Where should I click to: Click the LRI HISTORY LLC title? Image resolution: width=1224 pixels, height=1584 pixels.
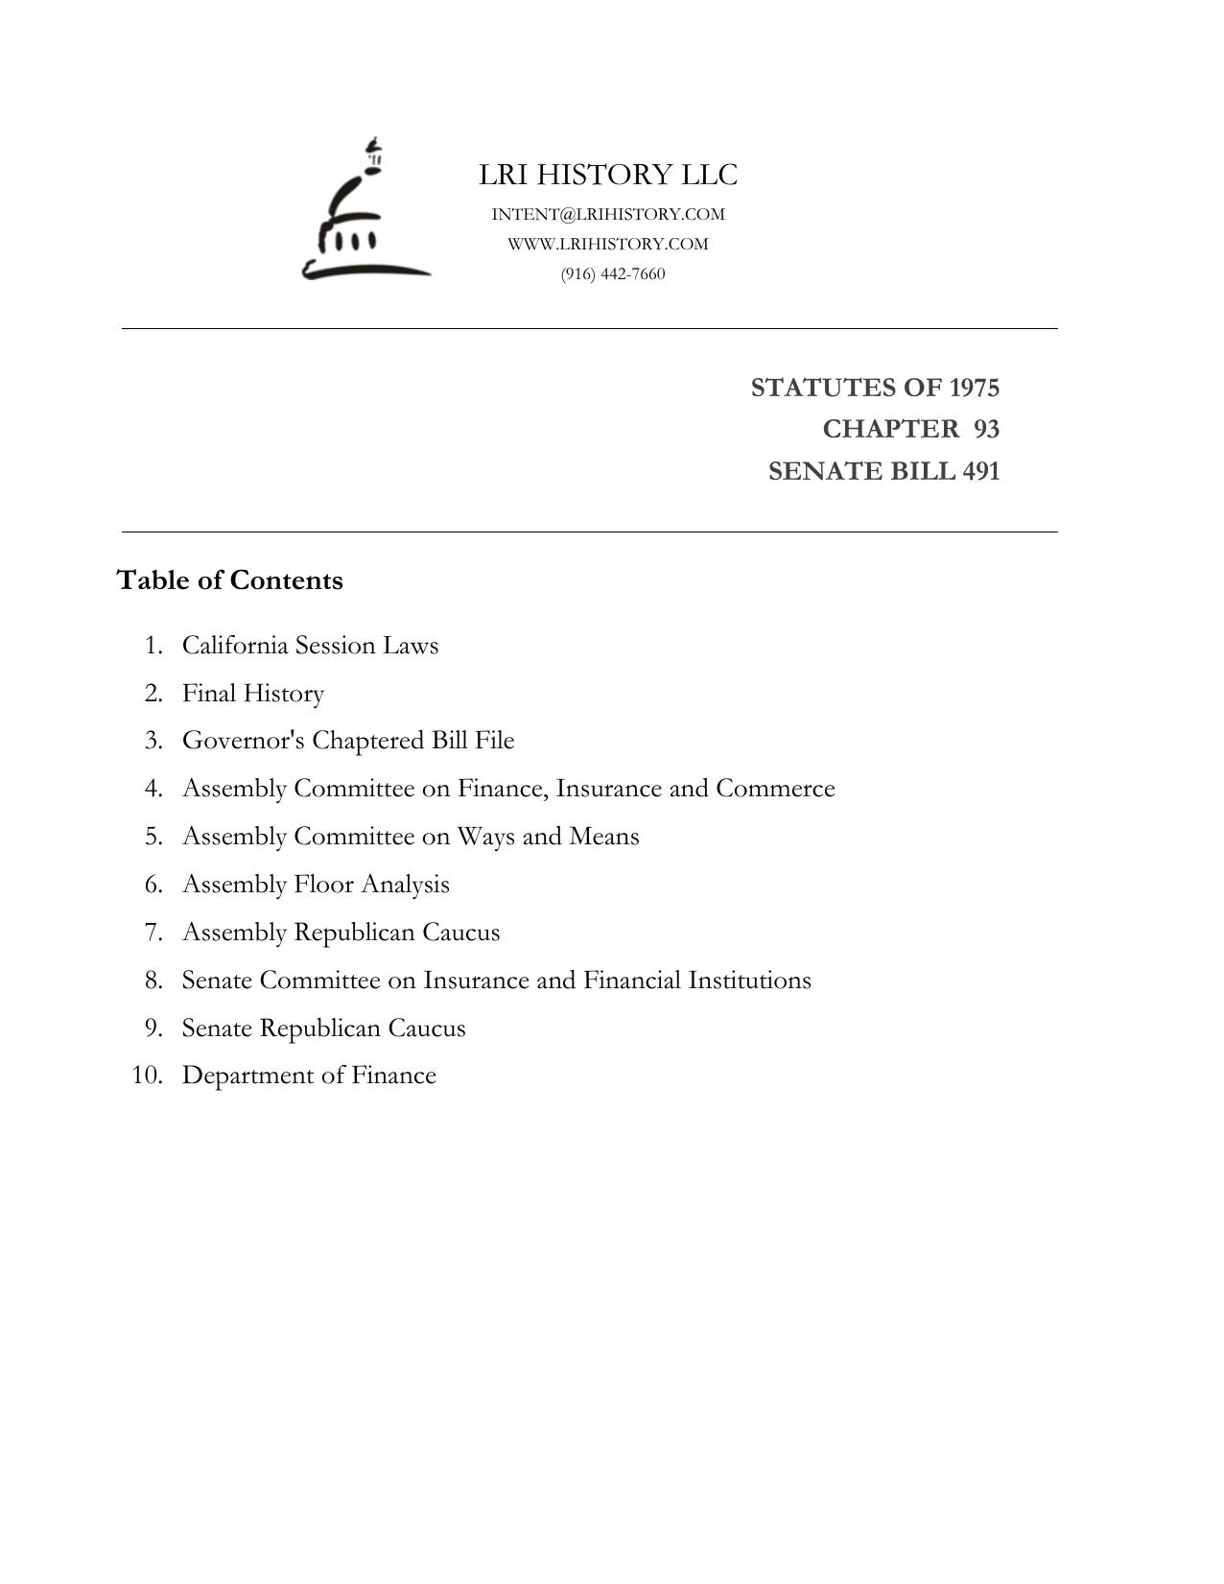(608, 175)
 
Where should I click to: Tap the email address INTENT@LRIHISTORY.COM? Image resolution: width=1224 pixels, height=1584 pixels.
(608, 214)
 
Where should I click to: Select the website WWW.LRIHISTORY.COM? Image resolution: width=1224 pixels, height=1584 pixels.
(608, 244)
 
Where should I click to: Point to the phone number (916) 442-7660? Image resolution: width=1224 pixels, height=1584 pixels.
(613, 273)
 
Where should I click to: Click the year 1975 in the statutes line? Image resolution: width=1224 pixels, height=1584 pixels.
(974, 388)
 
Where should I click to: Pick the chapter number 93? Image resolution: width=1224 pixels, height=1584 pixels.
(986, 429)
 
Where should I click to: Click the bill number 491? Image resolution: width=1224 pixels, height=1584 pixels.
(980, 471)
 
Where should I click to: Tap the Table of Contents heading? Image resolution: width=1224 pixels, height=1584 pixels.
(229, 580)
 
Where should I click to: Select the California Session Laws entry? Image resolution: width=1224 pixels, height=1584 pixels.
(310, 645)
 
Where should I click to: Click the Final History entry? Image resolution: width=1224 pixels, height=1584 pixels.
(253, 693)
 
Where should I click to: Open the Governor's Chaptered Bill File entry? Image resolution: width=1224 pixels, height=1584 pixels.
(348, 741)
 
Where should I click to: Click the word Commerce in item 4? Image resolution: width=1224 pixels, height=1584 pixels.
(775, 789)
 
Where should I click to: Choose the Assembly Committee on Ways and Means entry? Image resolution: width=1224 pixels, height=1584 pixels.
(411, 837)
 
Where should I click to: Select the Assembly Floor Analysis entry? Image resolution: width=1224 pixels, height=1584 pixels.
(316, 885)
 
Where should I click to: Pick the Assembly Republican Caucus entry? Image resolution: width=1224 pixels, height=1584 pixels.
(341, 933)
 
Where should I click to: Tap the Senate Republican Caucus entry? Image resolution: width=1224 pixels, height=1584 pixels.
(323, 1028)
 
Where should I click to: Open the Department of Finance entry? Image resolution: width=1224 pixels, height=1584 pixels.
(309, 1076)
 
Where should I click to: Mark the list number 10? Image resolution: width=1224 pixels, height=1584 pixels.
(147, 1076)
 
